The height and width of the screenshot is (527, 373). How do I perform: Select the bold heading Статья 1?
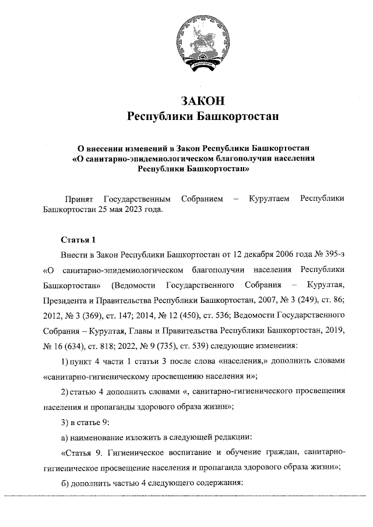click(77, 240)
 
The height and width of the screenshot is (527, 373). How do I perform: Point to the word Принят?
click(77, 199)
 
